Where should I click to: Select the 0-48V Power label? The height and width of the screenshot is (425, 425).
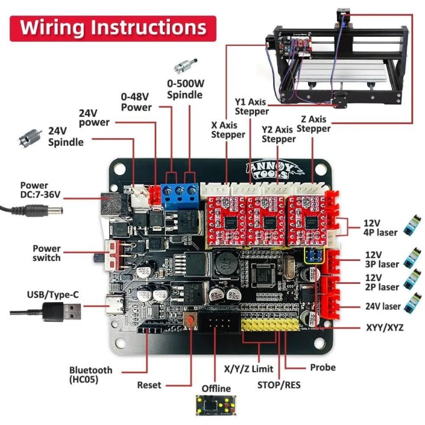(x=136, y=102)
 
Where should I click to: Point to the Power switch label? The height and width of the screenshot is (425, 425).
(x=47, y=253)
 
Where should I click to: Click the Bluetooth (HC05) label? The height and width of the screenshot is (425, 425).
(x=90, y=374)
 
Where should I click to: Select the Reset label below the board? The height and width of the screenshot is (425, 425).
(x=149, y=385)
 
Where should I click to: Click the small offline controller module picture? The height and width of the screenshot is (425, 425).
(x=216, y=405)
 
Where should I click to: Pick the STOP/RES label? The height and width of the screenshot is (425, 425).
(x=279, y=385)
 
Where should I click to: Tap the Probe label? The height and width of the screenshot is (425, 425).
(x=322, y=367)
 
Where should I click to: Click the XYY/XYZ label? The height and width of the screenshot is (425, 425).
(x=385, y=326)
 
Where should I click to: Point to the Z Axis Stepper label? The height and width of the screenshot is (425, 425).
(x=313, y=124)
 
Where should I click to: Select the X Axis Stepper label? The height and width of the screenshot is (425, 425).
(x=228, y=129)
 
